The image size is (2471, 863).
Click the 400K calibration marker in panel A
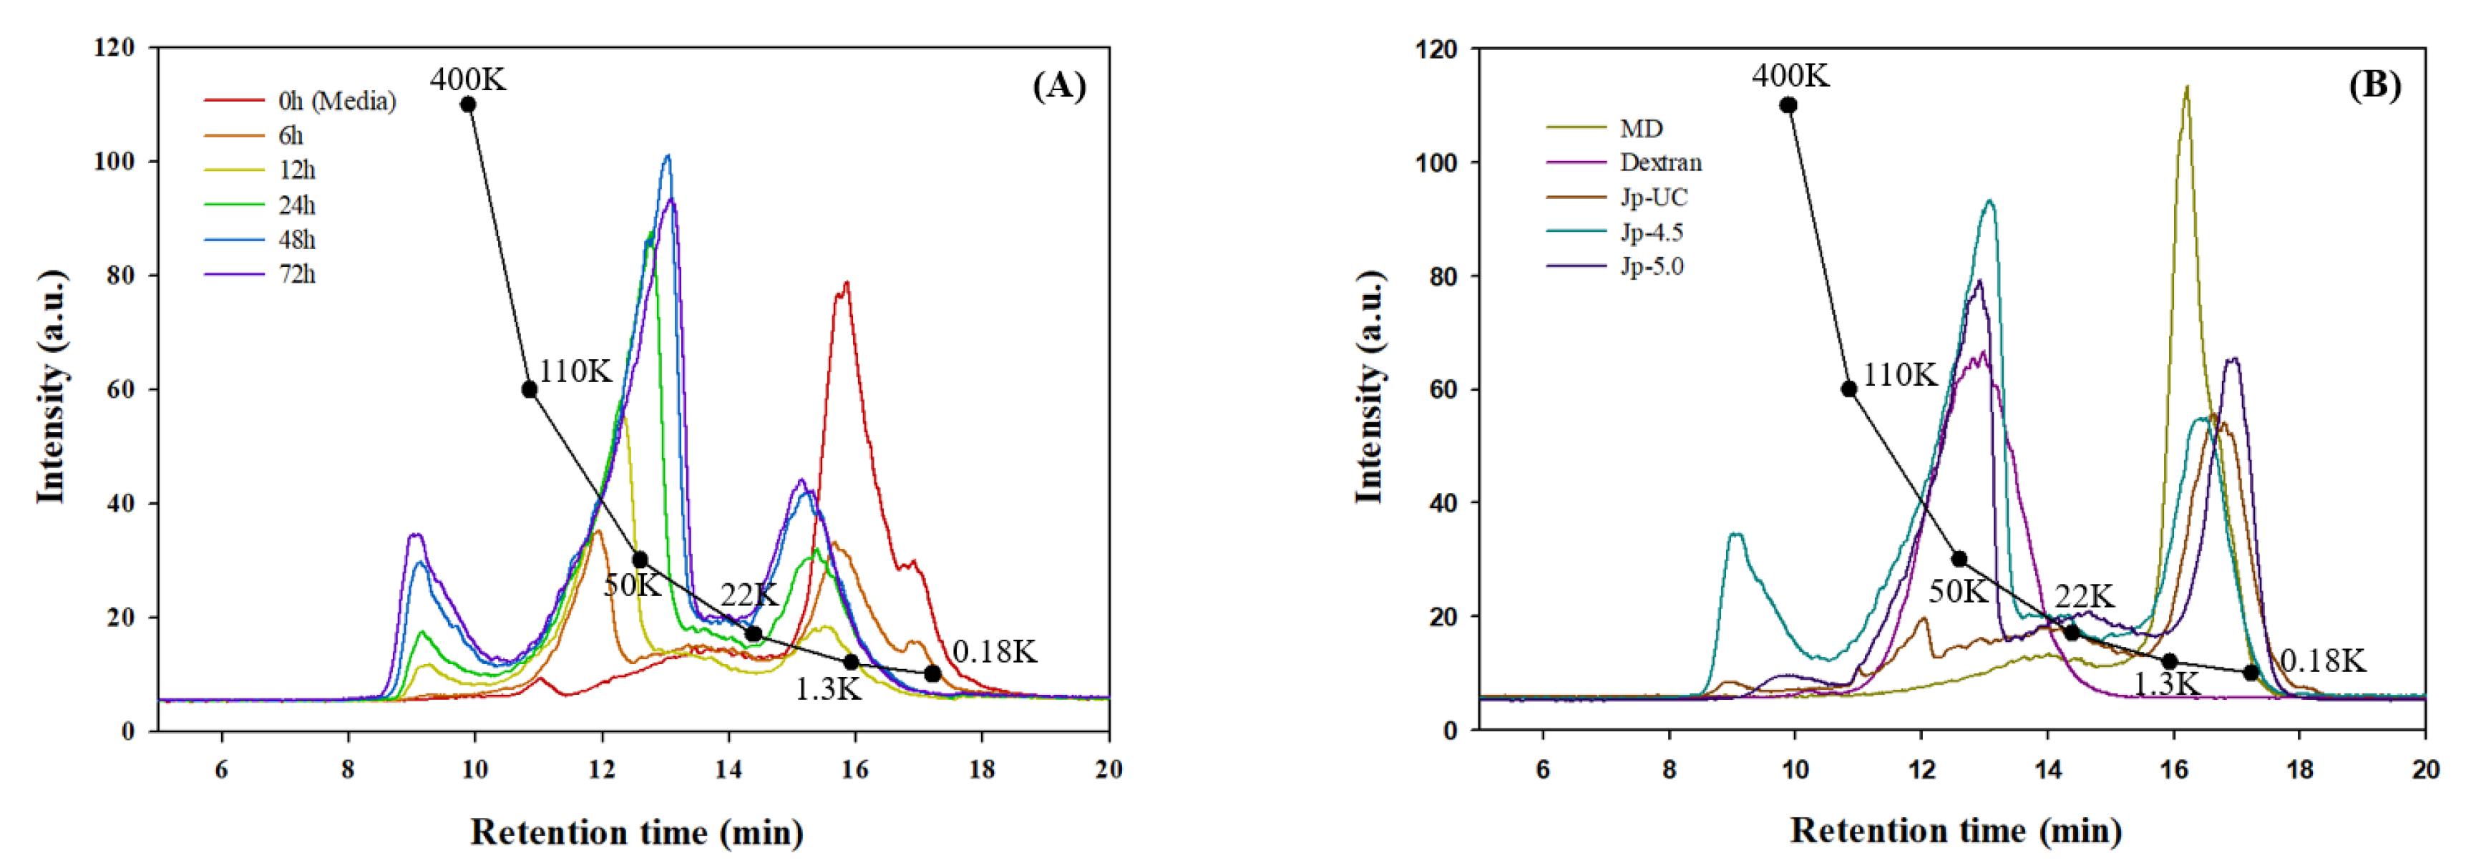point(468,104)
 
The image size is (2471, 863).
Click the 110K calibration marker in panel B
point(1848,389)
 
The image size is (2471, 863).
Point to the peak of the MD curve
point(2186,88)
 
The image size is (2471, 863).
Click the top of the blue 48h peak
point(668,156)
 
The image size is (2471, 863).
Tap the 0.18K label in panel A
point(994,652)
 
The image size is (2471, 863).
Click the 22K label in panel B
point(2083,595)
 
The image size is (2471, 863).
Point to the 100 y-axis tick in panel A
point(114,161)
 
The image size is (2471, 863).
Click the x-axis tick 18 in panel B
point(2299,770)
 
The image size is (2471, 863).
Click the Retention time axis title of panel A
point(636,832)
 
